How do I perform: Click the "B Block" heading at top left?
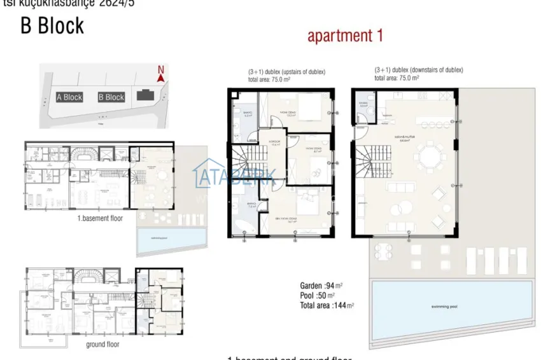[x=52, y=26]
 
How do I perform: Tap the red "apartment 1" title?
[x=345, y=36]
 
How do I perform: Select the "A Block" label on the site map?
[x=69, y=97]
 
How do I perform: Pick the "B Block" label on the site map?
[x=111, y=97]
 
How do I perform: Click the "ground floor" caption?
[x=102, y=344]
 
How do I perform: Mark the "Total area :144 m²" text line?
[x=327, y=305]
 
